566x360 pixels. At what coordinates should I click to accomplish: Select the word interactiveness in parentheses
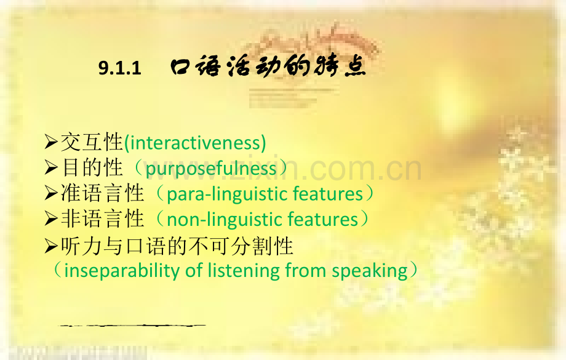[195, 143]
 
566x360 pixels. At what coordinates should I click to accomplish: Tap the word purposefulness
[211, 169]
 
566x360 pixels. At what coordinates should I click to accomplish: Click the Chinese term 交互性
[92, 143]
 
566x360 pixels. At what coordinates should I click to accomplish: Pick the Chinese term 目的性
[92, 168]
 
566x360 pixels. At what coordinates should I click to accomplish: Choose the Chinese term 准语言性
[102, 194]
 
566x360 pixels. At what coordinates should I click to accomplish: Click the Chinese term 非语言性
[102, 219]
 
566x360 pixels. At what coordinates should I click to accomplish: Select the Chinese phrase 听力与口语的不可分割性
[177, 246]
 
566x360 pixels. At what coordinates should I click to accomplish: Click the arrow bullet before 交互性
[52, 143]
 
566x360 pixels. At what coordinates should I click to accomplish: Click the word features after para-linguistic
[328, 194]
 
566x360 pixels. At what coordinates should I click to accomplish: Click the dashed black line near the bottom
[132, 324]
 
